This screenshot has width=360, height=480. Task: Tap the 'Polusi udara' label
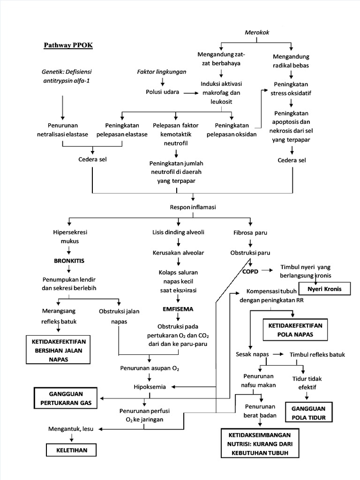point(162,92)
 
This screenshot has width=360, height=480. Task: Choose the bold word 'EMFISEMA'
point(178,309)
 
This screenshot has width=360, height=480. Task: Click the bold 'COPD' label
point(251,271)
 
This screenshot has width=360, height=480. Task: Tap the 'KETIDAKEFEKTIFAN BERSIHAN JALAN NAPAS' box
point(57,349)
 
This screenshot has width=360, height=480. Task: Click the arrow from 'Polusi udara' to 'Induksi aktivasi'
point(190,93)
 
